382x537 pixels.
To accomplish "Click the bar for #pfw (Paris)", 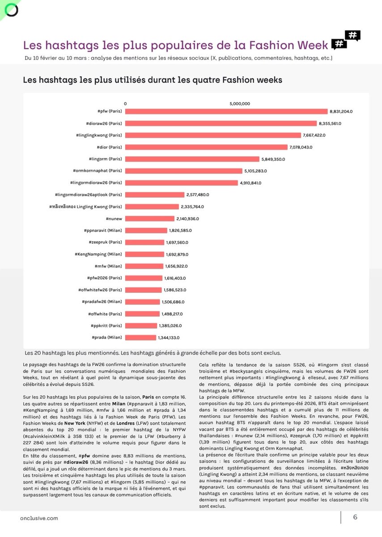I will tap(226, 111).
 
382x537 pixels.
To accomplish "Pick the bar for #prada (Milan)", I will tap(140, 337).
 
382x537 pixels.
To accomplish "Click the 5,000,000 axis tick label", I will tap(240, 103).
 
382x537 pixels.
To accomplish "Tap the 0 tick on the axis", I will tap(125, 103).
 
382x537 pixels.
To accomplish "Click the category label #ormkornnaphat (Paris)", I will tap(97, 170).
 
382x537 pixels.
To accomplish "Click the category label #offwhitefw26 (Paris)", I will tap(99, 290).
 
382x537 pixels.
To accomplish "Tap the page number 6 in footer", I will tap(355, 517).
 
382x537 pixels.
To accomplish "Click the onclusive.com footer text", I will tap(39, 518).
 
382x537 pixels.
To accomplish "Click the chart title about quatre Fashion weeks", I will tap(152, 80).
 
